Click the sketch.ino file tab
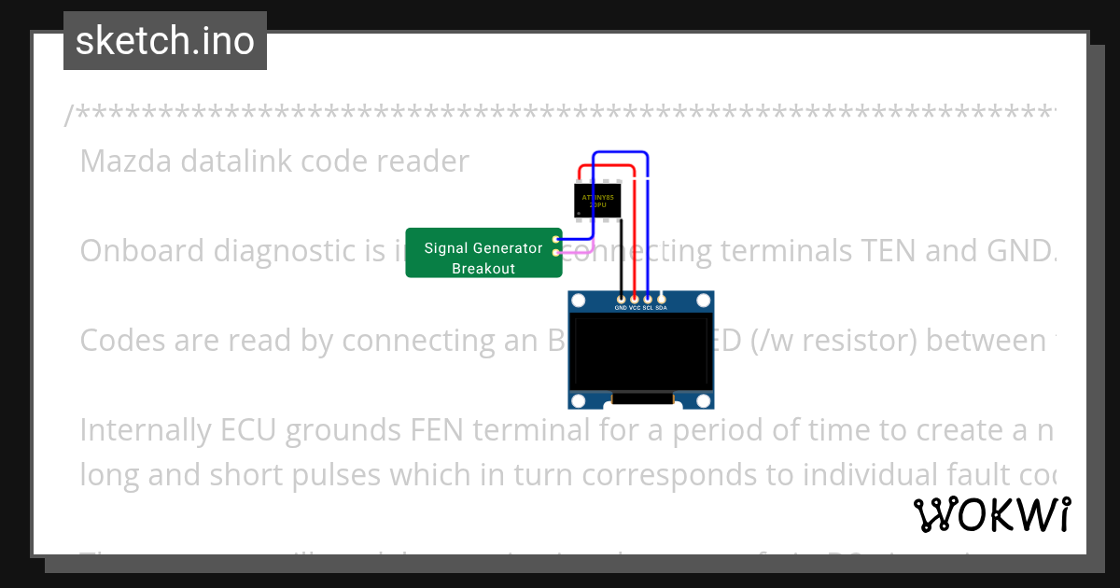[165, 41]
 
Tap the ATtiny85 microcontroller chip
[597, 201]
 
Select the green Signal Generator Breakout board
[483, 253]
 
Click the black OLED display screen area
[640, 353]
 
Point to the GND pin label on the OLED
[621, 307]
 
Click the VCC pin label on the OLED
[635, 307]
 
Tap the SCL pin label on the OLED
[648, 307]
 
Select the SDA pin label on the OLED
[662, 307]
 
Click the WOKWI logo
[992, 514]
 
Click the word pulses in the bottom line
[326, 475]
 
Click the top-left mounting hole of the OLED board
[579, 301]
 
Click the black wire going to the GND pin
[621, 261]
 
